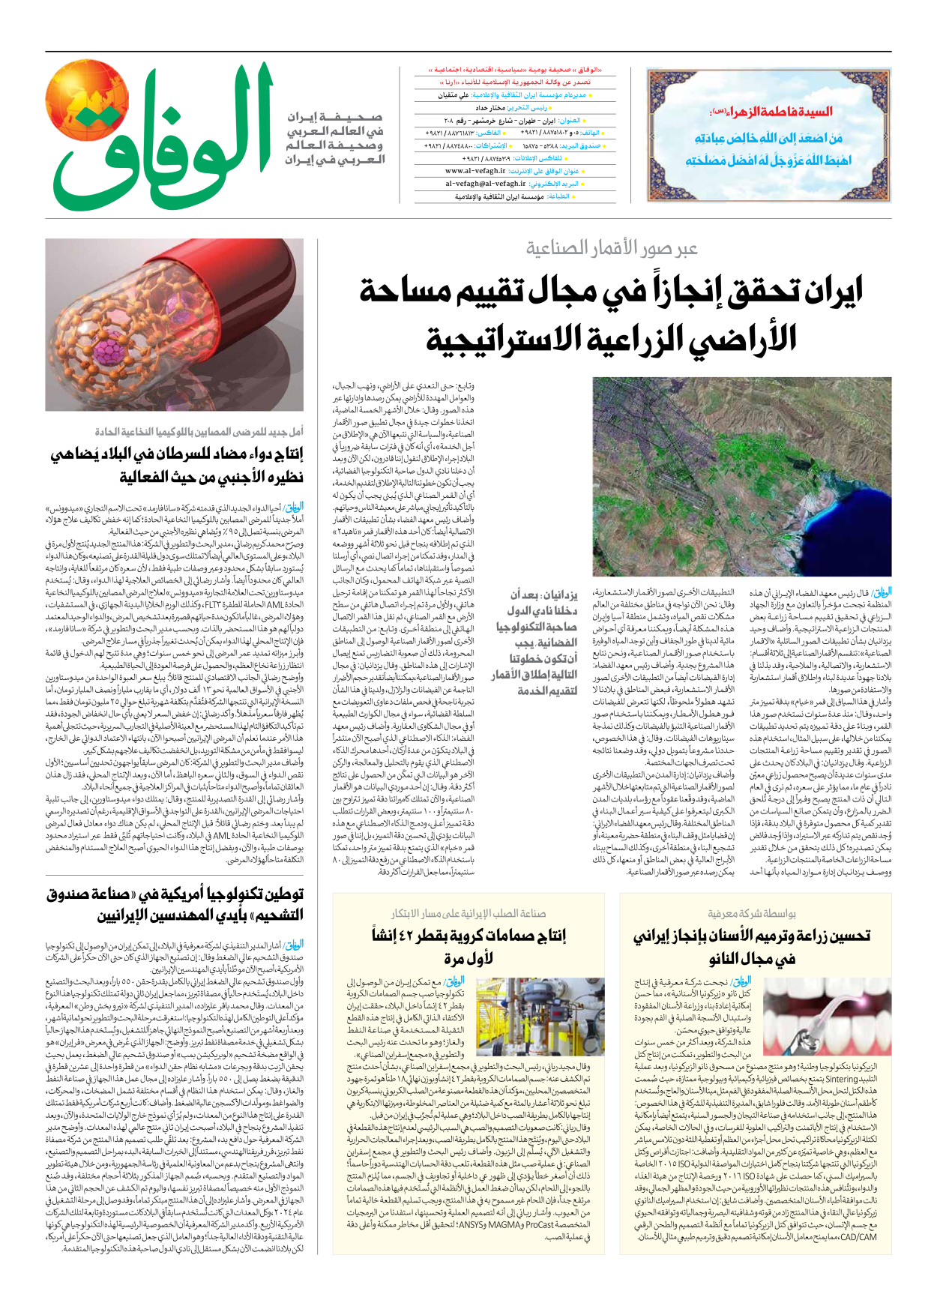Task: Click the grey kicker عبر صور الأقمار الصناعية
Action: click(611, 248)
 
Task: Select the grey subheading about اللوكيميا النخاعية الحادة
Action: click(199, 433)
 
